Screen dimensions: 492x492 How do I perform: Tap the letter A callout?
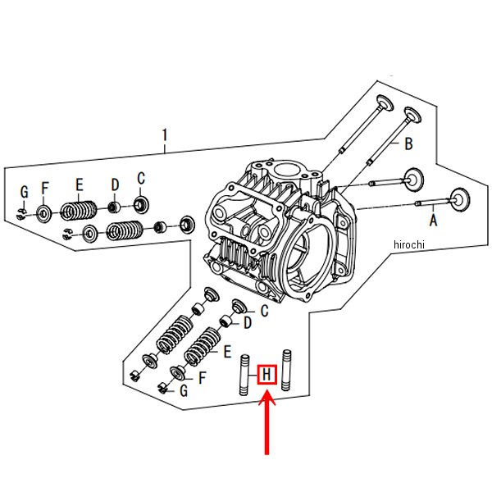click(x=432, y=220)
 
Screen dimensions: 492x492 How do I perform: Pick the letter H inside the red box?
click(x=267, y=377)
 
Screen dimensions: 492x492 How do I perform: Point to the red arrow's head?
click(x=267, y=403)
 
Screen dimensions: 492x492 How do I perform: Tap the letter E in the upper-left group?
click(x=80, y=184)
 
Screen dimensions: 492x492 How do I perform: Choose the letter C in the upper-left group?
click(x=140, y=178)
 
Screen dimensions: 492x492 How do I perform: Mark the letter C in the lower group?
click(x=263, y=311)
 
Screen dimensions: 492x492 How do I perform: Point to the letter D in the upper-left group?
click(x=116, y=184)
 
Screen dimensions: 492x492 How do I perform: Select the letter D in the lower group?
click(x=247, y=324)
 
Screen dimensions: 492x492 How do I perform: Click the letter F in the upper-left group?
click(x=46, y=187)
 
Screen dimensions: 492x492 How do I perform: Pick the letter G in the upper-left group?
click(x=25, y=192)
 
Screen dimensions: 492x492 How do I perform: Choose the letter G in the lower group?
click(x=184, y=391)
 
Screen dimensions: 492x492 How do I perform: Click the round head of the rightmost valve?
click(x=460, y=199)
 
